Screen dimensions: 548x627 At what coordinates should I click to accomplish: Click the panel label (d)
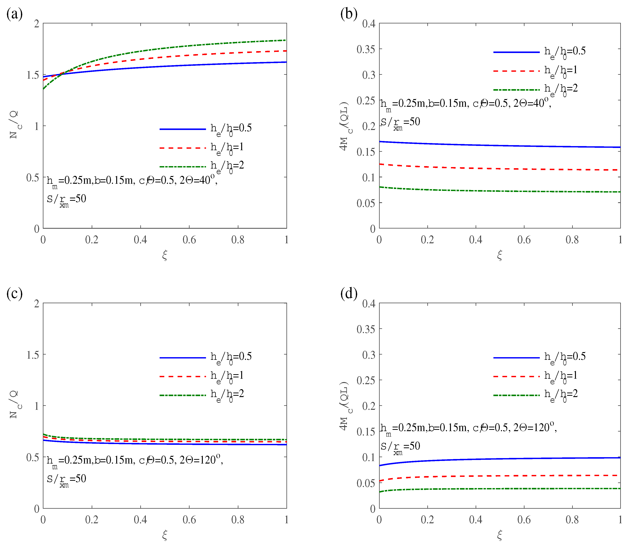(x=349, y=294)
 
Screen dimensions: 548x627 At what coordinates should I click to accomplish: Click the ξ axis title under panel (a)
(x=165, y=255)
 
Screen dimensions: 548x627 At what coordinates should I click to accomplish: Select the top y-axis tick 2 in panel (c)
(x=37, y=304)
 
